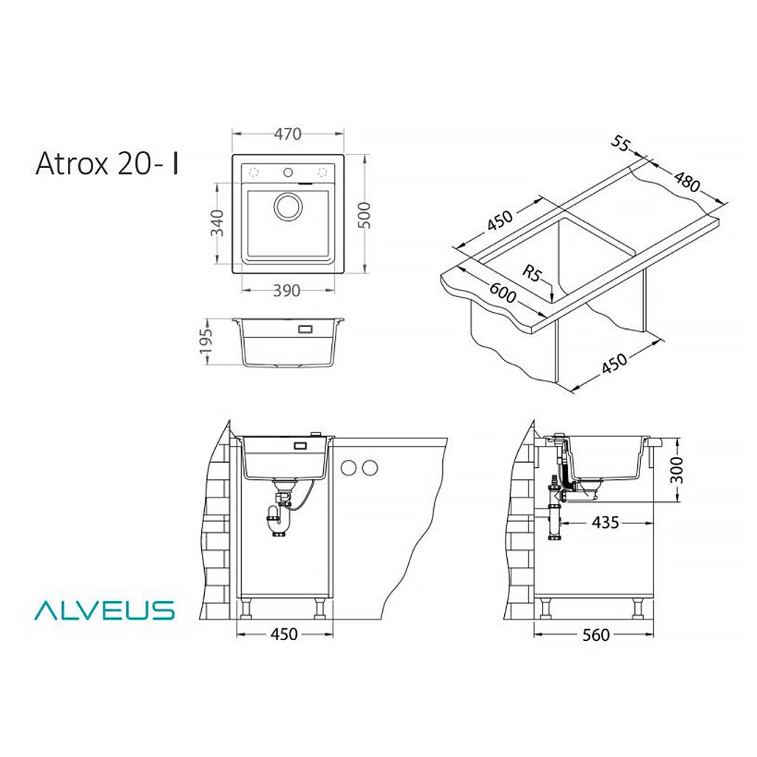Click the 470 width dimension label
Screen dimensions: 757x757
[288, 134]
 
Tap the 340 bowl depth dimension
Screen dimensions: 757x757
[219, 223]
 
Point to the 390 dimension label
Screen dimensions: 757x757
[287, 291]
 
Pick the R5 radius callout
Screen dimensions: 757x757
[532, 273]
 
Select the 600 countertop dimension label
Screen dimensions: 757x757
[503, 293]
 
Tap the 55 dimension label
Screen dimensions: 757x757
[621, 143]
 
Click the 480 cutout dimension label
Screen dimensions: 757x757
[687, 181]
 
